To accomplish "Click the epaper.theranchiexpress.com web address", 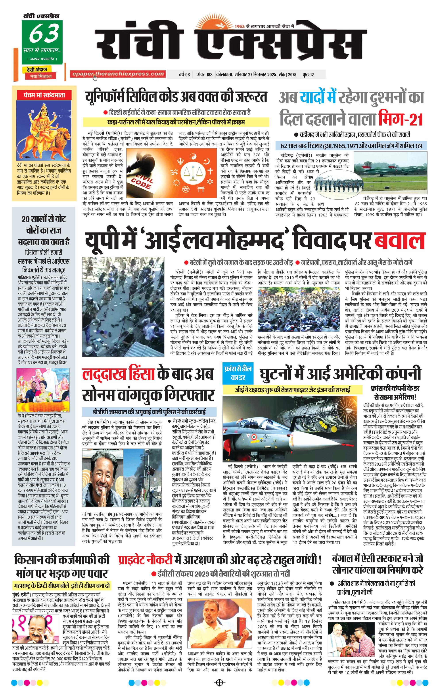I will coord(118,74).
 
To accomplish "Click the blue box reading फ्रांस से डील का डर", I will coord(238,373).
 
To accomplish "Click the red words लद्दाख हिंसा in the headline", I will coord(118,374).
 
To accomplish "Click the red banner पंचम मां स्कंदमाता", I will coord(44,95).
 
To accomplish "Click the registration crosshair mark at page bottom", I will coord(219,682).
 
